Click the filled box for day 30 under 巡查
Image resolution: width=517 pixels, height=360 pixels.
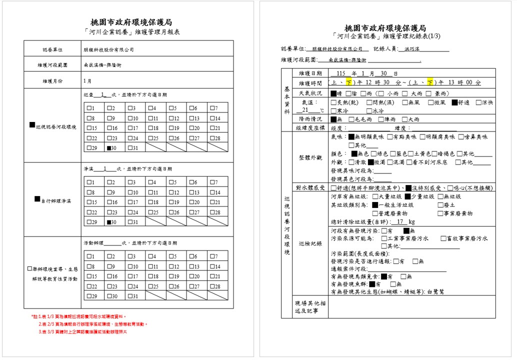coord(108,148)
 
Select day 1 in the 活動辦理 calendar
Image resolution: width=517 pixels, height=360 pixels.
coord(88,256)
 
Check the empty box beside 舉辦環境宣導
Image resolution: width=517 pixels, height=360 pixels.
coord(30,269)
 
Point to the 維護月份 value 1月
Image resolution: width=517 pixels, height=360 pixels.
coord(87,80)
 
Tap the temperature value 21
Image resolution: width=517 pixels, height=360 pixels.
coord(306,110)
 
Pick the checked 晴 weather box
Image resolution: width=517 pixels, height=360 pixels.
coord(333,93)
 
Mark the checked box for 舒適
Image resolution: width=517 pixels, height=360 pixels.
coord(454,102)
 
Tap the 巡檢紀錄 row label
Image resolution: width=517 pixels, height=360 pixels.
coord(311,243)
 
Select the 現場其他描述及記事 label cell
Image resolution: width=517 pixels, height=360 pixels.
coord(311,307)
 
